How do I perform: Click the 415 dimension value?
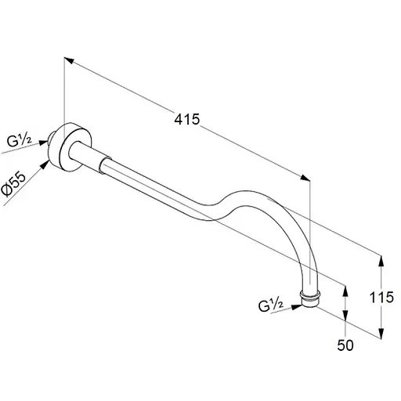[187, 119]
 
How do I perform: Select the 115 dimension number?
[381, 297]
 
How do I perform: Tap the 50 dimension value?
[345, 345]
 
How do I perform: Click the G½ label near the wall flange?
[19, 141]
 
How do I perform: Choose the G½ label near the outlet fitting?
[271, 305]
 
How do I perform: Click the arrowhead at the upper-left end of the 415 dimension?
[69, 60]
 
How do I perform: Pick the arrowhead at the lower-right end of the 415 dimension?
[305, 178]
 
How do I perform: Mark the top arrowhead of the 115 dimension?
[381, 261]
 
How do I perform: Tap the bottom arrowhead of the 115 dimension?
[381, 334]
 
